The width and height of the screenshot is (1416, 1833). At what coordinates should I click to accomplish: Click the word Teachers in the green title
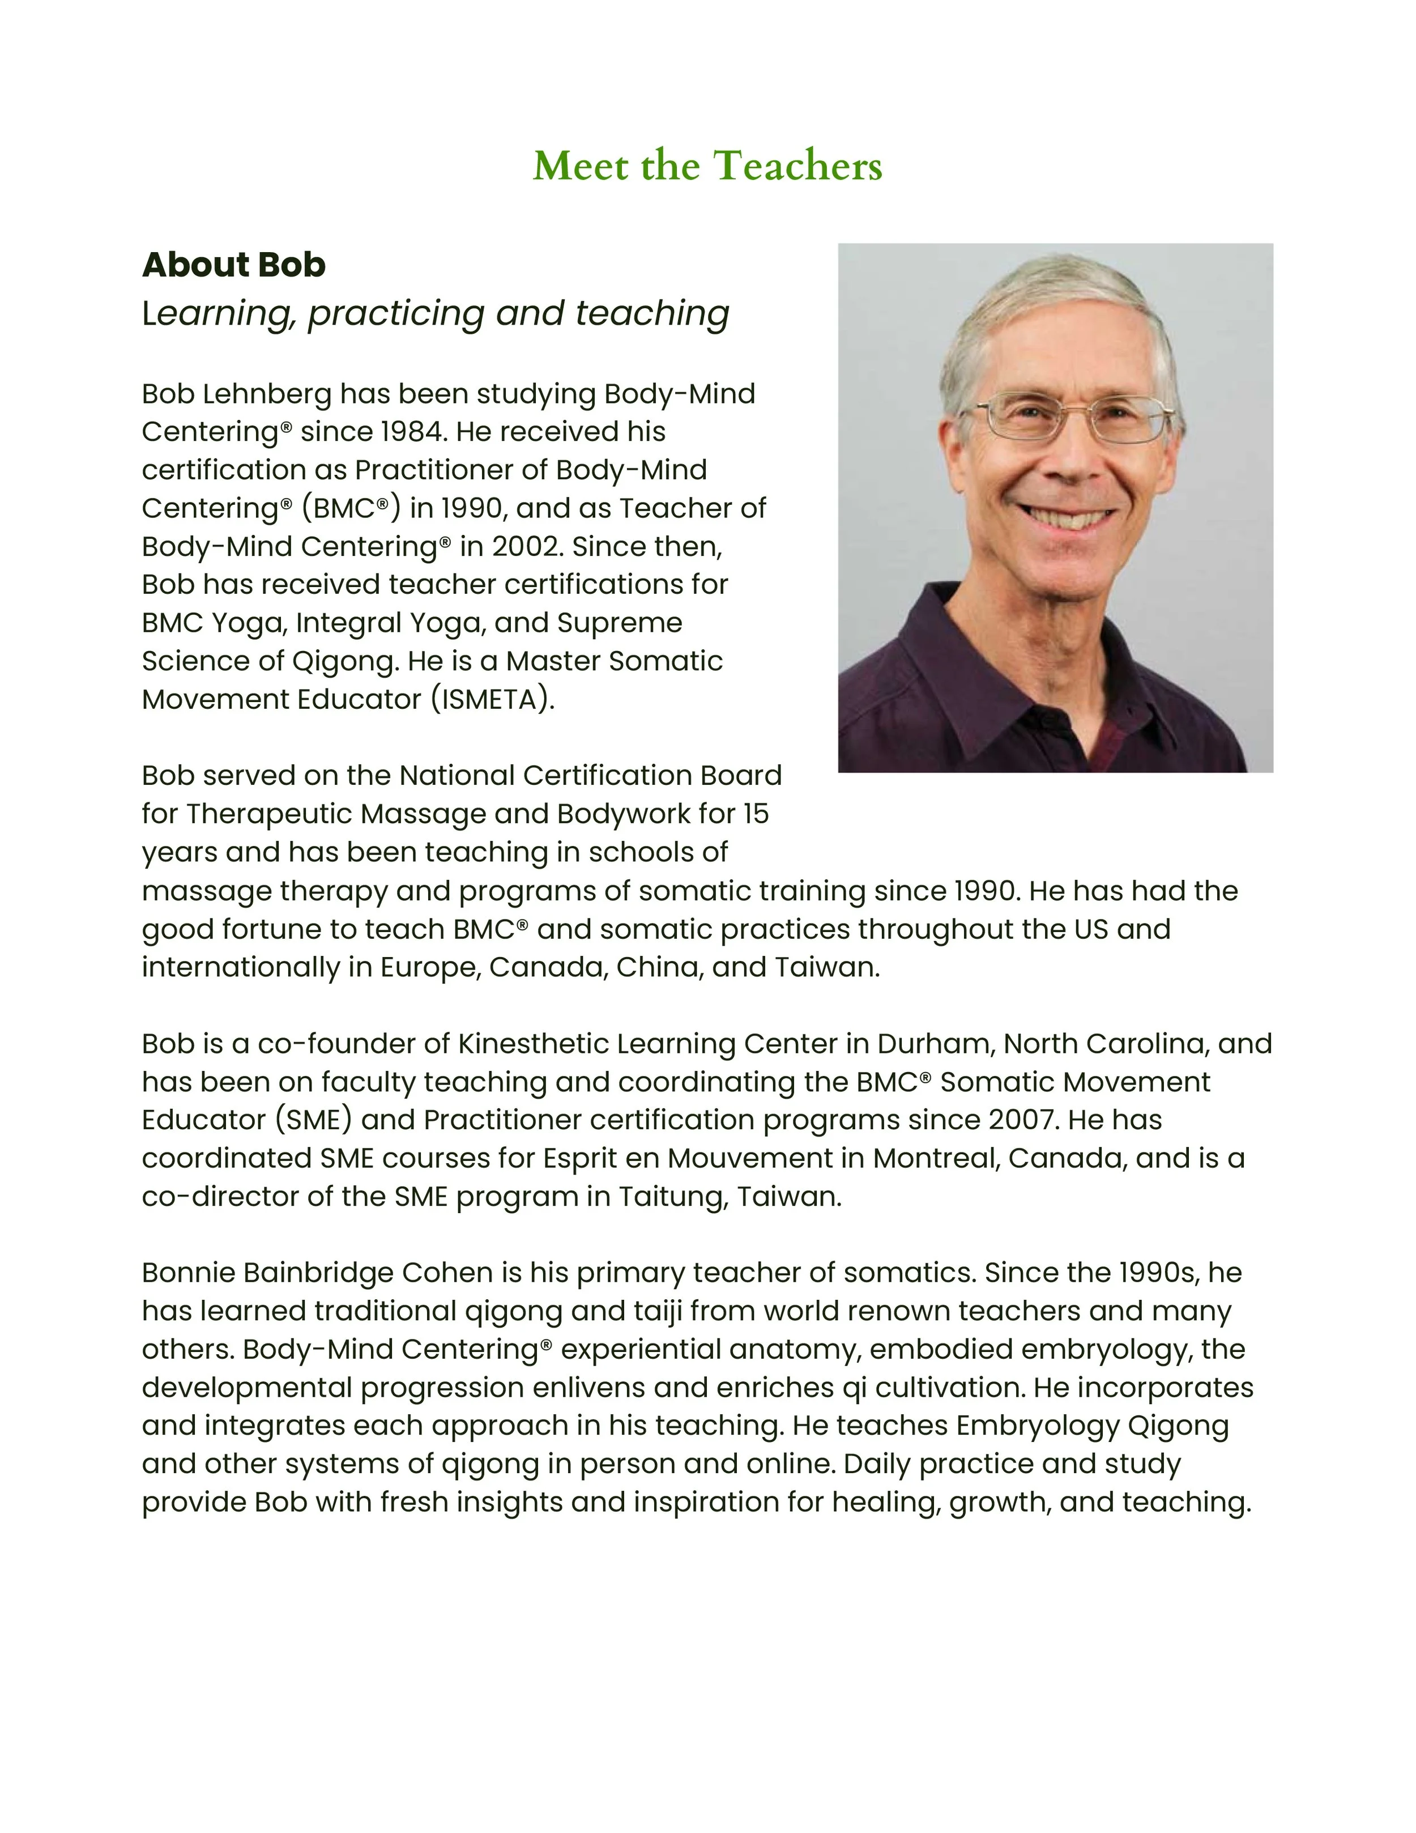click(x=797, y=165)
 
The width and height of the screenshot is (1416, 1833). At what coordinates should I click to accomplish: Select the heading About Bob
click(x=233, y=265)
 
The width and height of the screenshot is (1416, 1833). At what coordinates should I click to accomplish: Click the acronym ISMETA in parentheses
click(x=493, y=699)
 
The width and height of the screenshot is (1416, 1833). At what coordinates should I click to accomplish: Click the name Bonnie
click(x=188, y=1273)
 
